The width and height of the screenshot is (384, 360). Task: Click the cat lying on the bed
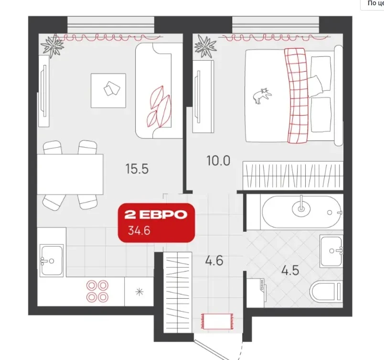262,96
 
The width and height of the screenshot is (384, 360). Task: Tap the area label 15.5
137,169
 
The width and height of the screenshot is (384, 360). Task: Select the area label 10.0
218,161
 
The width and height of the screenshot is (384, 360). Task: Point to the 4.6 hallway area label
214,260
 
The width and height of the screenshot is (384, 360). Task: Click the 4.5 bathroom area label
290,271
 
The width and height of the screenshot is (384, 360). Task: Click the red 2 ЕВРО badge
156,222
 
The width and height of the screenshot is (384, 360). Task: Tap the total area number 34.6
139,230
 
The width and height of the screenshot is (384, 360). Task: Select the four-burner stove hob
97,291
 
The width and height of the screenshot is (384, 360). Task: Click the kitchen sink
52,261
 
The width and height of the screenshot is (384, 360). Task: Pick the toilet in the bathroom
326,292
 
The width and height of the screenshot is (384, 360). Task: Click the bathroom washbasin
331,251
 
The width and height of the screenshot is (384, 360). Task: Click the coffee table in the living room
108,91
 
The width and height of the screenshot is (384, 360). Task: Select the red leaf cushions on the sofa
159,107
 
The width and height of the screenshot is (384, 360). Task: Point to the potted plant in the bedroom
205,46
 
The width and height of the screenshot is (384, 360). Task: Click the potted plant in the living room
53,46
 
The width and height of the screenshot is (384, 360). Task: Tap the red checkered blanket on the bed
296,96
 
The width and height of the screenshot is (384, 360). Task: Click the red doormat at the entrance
217,322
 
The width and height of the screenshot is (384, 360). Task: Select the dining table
70,174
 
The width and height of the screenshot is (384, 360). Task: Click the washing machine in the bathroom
256,293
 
